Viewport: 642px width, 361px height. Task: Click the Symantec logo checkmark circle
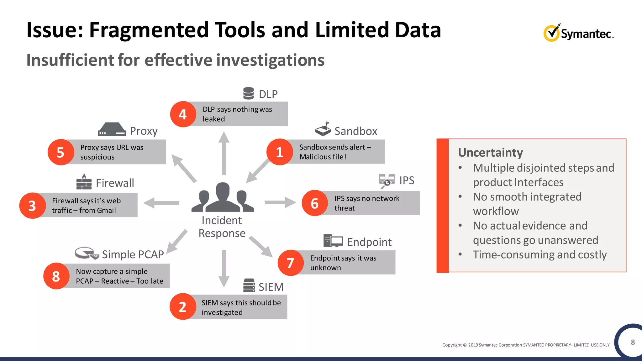pyautogui.click(x=551, y=33)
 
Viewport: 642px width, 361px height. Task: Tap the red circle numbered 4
pyautogui.click(x=183, y=114)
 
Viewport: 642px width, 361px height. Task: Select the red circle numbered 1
pyautogui.click(x=279, y=152)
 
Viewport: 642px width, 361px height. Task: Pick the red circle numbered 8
pyautogui.click(x=56, y=276)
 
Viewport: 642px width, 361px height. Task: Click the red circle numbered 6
pyautogui.click(x=314, y=203)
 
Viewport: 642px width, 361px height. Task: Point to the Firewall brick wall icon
pyautogui.click(x=84, y=182)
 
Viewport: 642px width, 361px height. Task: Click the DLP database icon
pyautogui.click(x=249, y=93)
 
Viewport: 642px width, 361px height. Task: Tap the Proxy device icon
pyautogui.click(x=112, y=129)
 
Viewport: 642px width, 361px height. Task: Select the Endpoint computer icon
pyautogui.click(x=333, y=241)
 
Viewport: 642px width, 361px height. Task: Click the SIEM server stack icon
pyautogui.click(x=249, y=285)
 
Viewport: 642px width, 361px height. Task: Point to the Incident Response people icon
pyautogui.click(x=223, y=197)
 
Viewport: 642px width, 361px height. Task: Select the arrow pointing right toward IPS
pyautogui.click(x=280, y=202)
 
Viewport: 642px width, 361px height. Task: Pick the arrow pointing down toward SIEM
pyautogui.click(x=224, y=268)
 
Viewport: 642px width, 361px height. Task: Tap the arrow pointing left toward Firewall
pyautogui.click(x=161, y=203)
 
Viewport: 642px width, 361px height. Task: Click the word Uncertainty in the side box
pyautogui.click(x=490, y=153)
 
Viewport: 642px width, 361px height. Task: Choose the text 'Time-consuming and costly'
pyautogui.click(x=539, y=255)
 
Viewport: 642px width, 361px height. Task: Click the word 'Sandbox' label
pyautogui.click(x=356, y=131)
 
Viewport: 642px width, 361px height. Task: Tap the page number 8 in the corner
pyautogui.click(x=633, y=342)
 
